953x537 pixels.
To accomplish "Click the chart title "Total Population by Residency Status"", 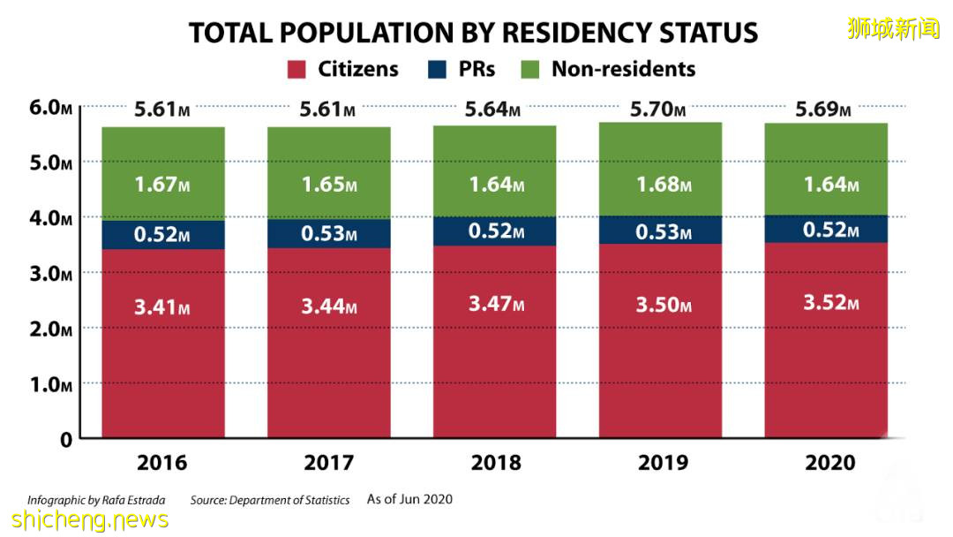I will (474, 33).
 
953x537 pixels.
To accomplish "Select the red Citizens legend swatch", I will (297, 69).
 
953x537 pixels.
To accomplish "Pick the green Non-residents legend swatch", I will (529, 69).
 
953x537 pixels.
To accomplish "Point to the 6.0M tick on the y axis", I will (50, 108).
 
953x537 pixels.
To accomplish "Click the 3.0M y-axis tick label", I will (50, 274).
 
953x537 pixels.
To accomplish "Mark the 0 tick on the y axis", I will (65, 439).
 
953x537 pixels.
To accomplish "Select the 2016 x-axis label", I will (162, 463).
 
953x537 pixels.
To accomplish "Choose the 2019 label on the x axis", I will (664, 463).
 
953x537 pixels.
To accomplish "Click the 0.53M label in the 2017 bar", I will (328, 234).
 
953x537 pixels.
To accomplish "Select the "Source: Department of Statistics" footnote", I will (270, 500).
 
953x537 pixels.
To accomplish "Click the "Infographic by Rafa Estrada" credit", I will (96, 500).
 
